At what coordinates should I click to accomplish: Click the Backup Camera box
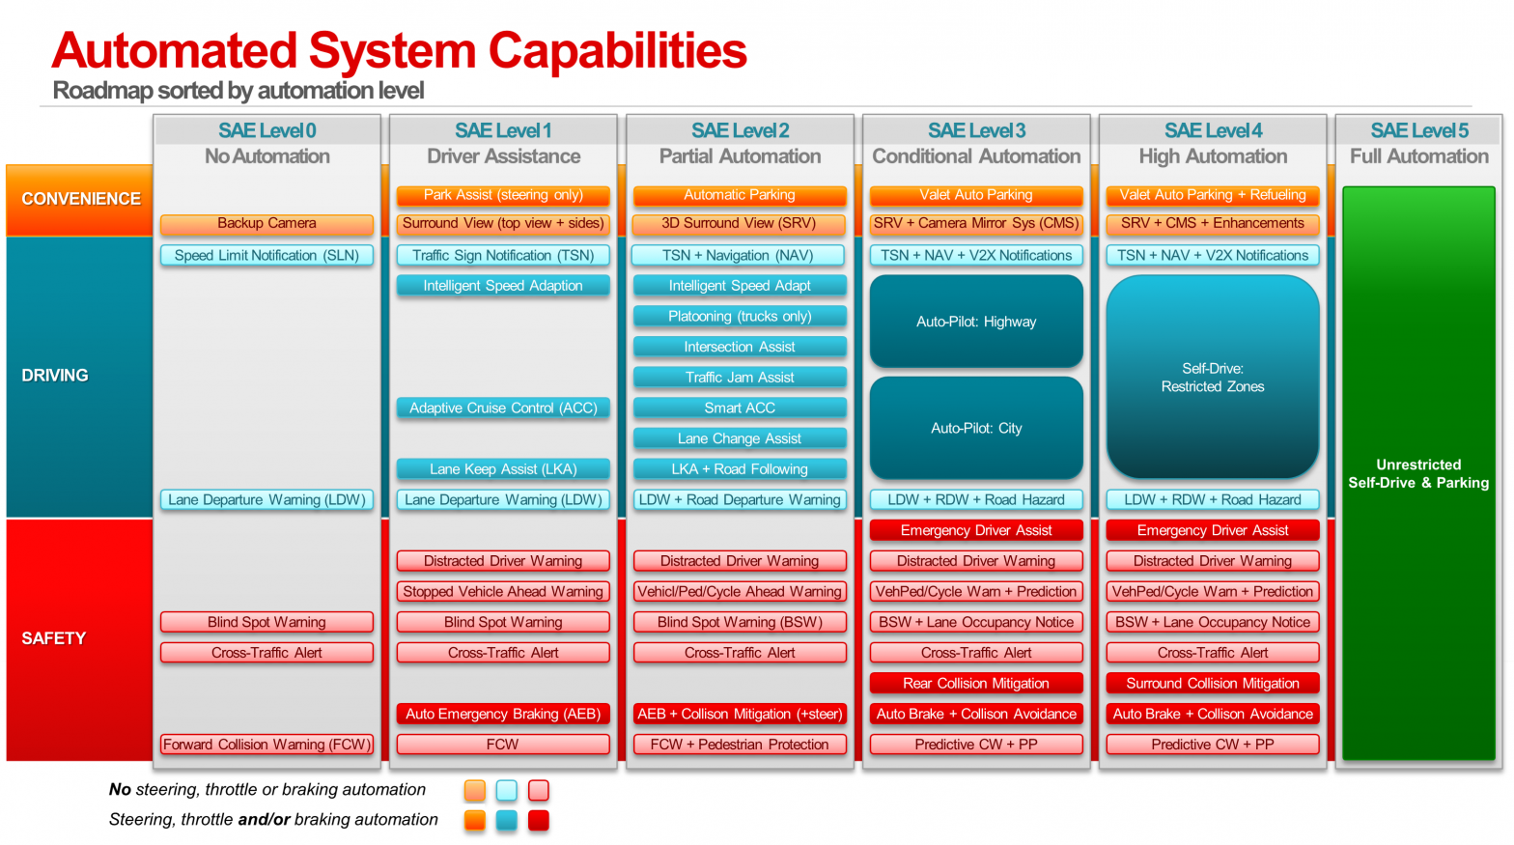click(266, 224)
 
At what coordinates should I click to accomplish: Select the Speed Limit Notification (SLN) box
click(266, 256)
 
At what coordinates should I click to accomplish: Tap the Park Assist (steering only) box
click(503, 195)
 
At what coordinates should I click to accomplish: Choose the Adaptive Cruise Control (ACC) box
click(503, 408)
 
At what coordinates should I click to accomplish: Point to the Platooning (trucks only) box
click(740, 317)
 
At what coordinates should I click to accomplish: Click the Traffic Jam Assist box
click(740, 378)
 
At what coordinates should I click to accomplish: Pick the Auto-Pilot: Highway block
click(976, 322)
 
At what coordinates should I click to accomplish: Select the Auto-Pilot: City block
click(976, 428)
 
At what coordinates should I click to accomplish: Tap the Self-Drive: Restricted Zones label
click(1213, 378)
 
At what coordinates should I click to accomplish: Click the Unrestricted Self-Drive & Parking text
click(1418, 473)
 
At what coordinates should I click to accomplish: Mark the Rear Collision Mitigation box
click(976, 684)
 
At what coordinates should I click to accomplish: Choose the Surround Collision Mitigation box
click(1213, 684)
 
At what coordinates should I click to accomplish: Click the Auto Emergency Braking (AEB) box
click(503, 715)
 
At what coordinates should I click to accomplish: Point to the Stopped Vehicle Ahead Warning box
click(503, 592)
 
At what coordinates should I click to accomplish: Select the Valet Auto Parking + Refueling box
click(1213, 195)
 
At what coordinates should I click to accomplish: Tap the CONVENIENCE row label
click(81, 199)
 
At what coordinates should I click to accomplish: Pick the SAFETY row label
click(54, 638)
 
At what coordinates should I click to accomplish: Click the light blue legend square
click(507, 790)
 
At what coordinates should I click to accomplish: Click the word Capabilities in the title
click(617, 51)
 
